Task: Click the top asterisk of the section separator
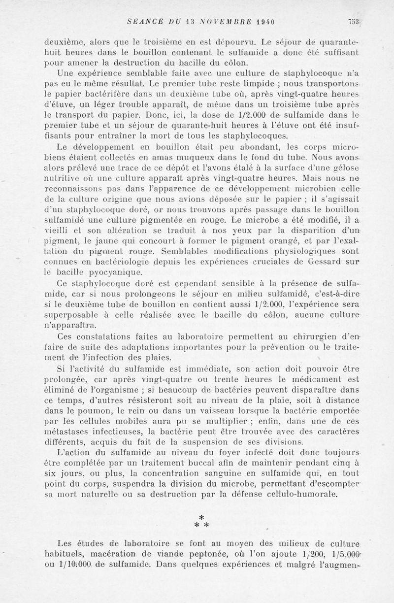[x=201, y=517]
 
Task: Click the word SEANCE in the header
[x=142, y=22]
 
